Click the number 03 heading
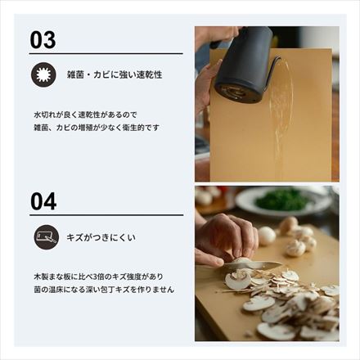coord(43,40)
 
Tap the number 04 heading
coord(43,201)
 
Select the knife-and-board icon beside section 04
coord(46,237)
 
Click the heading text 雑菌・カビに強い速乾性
coord(115,74)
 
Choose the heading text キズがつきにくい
coord(101,237)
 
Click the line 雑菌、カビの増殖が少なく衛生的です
coord(97,128)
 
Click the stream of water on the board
coord(278,123)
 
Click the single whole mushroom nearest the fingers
coord(267,236)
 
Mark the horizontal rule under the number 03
coord(106,54)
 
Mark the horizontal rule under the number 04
coord(106,215)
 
